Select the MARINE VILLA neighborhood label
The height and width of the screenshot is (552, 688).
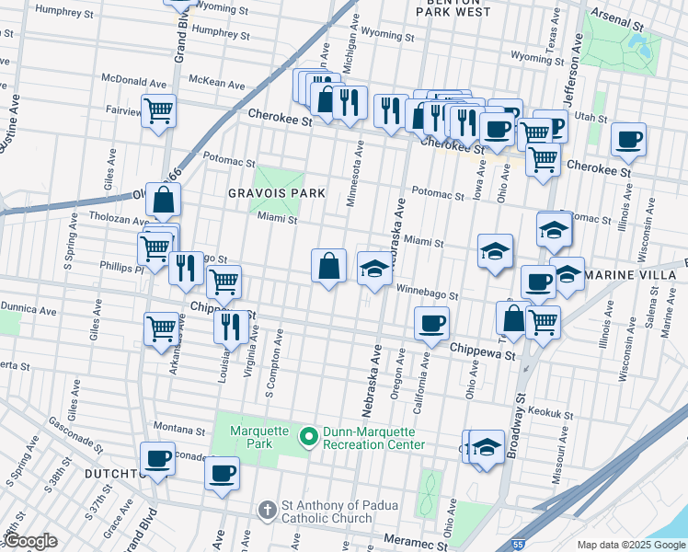[x=636, y=275]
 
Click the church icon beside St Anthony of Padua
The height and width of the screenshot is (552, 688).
[x=267, y=509]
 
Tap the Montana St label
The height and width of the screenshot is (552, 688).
[x=178, y=428]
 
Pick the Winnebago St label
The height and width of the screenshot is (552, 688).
[x=427, y=293]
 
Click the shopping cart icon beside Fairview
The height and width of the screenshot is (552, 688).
[x=159, y=110]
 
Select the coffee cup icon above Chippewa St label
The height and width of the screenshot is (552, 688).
[x=430, y=323]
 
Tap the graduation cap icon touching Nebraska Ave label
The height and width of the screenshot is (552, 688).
[x=373, y=268]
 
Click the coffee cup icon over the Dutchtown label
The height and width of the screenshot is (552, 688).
[x=156, y=458]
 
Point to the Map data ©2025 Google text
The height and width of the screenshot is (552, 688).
[x=631, y=545]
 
